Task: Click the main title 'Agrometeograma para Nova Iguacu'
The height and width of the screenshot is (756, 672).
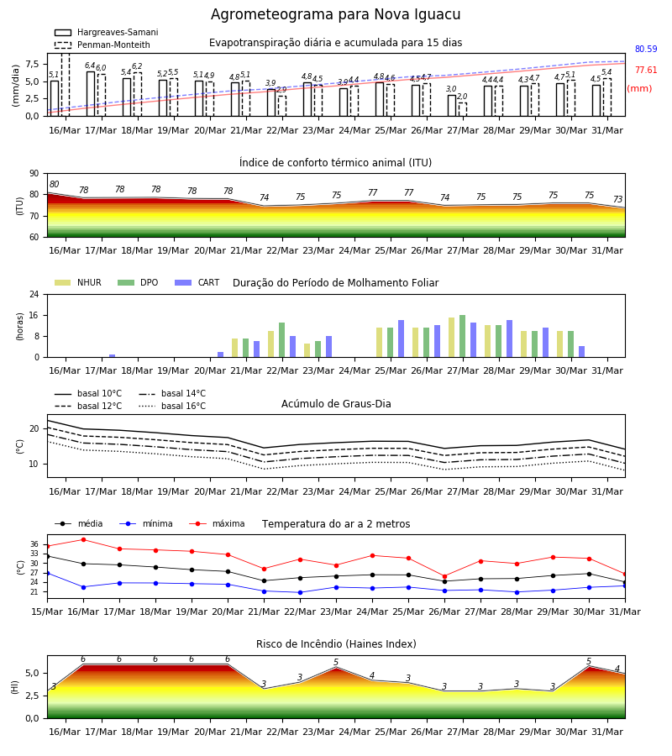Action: (x=335, y=15)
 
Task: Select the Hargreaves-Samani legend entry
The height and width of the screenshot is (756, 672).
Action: (x=106, y=32)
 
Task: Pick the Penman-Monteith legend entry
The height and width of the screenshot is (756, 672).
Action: (x=102, y=45)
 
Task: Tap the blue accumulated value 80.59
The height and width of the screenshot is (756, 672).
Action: (x=646, y=50)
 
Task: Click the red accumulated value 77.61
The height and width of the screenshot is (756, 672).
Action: (x=646, y=71)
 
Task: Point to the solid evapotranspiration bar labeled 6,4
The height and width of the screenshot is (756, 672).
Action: (x=91, y=94)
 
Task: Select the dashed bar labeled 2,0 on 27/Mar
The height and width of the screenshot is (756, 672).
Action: (x=462, y=109)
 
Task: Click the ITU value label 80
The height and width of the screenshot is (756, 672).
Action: (x=54, y=184)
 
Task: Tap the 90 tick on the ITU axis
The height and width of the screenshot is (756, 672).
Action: (x=34, y=174)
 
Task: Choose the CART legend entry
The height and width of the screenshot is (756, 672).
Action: (x=197, y=282)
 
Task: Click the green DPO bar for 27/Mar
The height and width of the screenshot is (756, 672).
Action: (x=462, y=336)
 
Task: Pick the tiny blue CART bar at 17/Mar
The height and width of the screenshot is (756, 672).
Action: (x=113, y=356)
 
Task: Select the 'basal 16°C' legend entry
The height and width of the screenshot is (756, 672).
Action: (x=172, y=407)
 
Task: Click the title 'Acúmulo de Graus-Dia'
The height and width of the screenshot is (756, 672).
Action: (x=336, y=404)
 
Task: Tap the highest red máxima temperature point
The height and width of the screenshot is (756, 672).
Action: (x=83, y=540)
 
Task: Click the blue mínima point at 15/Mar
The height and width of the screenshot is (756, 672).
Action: (x=47, y=573)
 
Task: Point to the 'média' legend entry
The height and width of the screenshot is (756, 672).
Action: (x=79, y=523)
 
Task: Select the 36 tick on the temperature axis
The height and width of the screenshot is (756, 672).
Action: (x=34, y=544)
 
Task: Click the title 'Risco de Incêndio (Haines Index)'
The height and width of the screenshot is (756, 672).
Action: (x=336, y=644)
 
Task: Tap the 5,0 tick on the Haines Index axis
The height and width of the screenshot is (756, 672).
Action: (x=32, y=674)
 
